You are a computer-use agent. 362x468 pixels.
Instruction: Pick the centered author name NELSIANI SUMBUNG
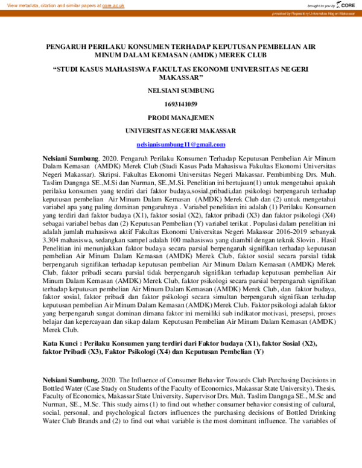pos(180,91)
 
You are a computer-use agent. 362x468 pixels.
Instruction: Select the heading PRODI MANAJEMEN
pos(180,117)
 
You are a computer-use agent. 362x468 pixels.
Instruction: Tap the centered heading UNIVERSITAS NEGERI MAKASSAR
pos(180,130)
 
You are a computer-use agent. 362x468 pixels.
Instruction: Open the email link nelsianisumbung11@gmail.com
pos(180,145)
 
